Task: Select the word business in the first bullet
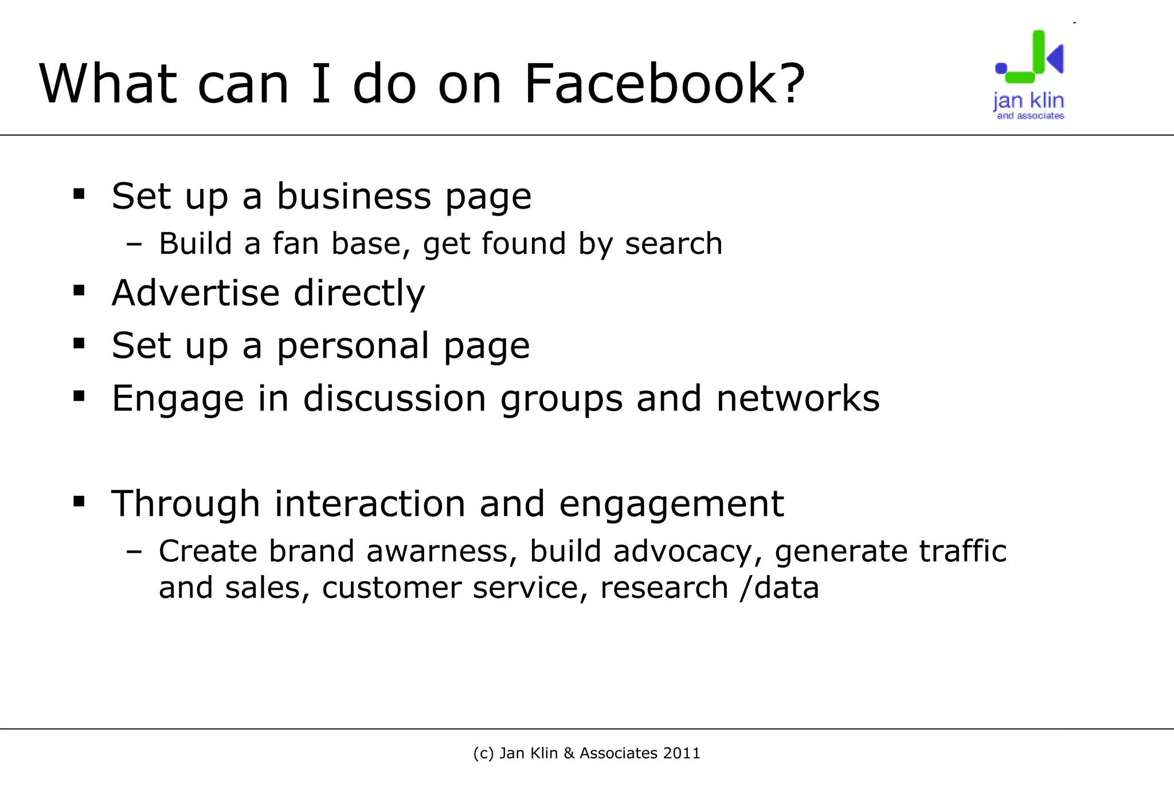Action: [x=354, y=197]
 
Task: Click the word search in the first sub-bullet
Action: [x=674, y=244]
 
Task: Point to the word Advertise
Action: [x=195, y=293]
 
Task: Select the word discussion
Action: [x=394, y=398]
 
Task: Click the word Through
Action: [x=186, y=504]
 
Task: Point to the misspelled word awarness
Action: [x=437, y=551]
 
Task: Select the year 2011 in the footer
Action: [x=682, y=753]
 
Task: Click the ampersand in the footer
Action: [x=569, y=753]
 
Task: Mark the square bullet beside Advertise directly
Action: [x=79, y=291]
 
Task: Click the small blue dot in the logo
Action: [x=1001, y=68]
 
